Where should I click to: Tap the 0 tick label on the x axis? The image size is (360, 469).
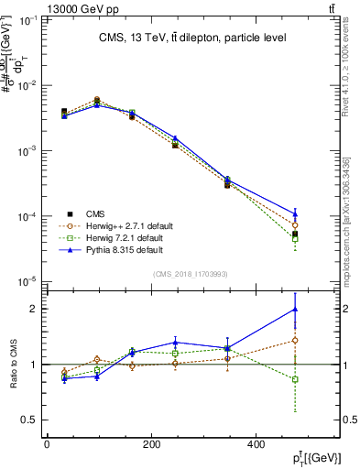tap(47, 445)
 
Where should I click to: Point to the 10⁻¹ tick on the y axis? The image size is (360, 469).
tap(31, 19)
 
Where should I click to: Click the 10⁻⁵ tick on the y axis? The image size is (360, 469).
tap(31, 281)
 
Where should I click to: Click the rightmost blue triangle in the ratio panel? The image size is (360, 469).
tap(295, 310)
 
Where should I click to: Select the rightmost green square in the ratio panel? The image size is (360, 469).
tap(295, 379)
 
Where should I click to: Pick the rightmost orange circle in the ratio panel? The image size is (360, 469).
tap(295, 340)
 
